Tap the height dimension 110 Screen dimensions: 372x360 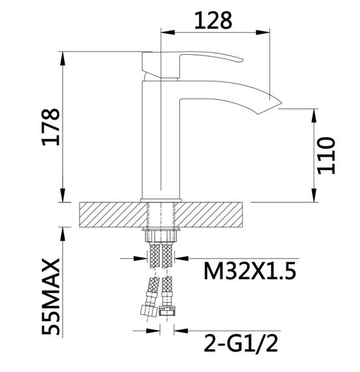[x=326, y=155]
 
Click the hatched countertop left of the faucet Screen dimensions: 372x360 [x=111, y=214]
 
